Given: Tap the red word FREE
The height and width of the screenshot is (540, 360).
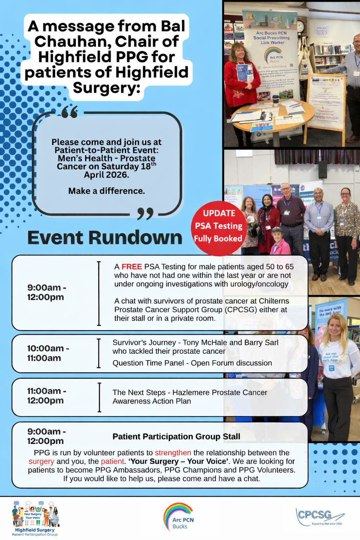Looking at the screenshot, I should pyautogui.click(x=131, y=267).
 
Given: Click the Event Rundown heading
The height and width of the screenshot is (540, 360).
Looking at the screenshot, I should pyautogui.click(x=104, y=238).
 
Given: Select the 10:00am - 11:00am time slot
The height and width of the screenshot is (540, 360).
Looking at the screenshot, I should pyautogui.click(x=48, y=353).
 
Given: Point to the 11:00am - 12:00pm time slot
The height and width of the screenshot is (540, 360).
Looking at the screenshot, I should pyautogui.click(x=46, y=396).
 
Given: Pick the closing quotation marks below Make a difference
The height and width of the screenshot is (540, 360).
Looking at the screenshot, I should pyautogui.click(x=145, y=213).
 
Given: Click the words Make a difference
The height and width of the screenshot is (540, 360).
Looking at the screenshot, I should pyautogui.click(x=107, y=191).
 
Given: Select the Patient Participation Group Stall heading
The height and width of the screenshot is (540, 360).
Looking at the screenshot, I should pyautogui.click(x=176, y=437).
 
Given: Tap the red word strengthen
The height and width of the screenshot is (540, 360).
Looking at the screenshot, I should pyautogui.click(x=173, y=453).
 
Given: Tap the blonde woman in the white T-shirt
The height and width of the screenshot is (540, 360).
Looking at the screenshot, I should pyautogui.click(x=336, y=366).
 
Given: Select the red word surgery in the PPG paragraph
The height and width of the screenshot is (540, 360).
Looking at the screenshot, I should pyautogui.click(x=41, y=461).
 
